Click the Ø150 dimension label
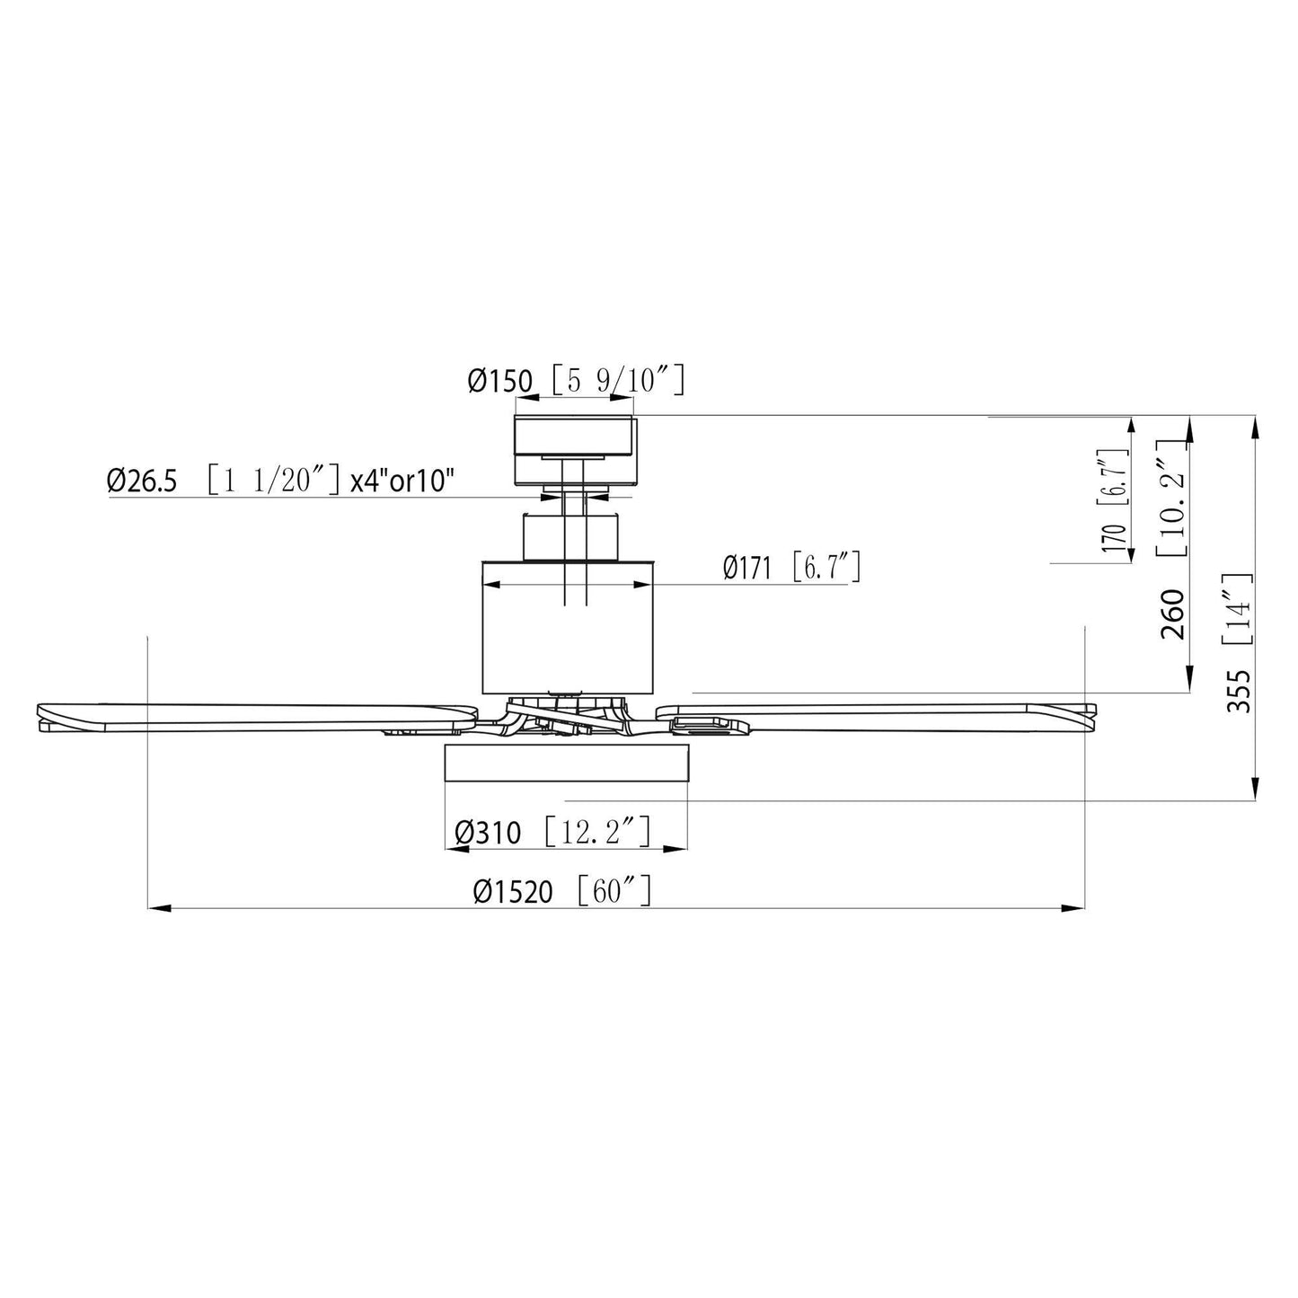499,382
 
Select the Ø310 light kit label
488,833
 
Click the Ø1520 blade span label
513,892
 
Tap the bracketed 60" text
610,891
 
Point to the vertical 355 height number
1239,691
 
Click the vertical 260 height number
1173,614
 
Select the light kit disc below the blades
566,762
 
